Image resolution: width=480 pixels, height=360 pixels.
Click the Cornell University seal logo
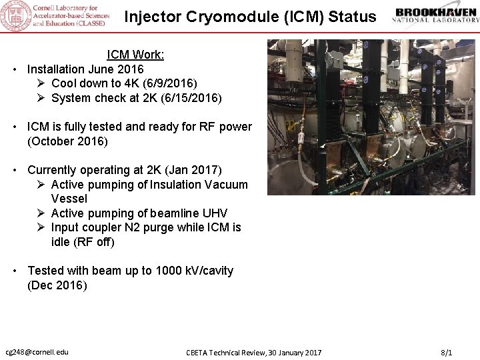point(15,16)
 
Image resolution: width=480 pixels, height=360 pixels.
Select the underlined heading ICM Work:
point(135,55)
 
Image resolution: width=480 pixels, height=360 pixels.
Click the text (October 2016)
point(67,141)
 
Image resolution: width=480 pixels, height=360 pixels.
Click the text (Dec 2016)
point(57,285)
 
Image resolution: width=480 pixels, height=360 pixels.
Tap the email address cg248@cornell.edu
point(37,351)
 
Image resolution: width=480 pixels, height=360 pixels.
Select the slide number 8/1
point(447,352)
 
